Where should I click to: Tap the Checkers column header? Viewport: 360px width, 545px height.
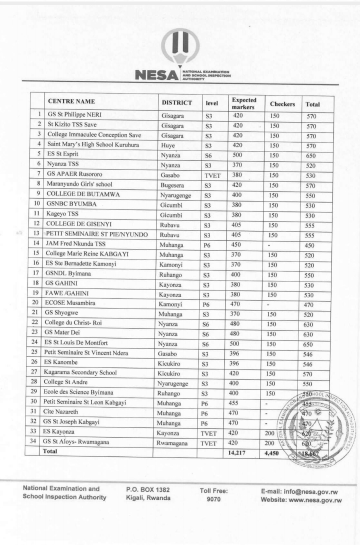point(282,104)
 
